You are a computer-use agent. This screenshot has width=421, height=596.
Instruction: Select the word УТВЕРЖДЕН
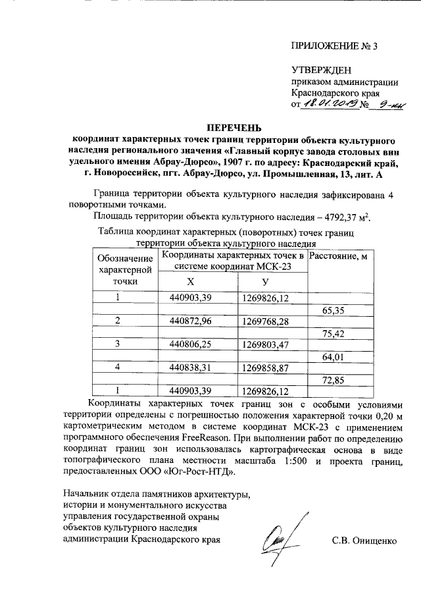(322, 70)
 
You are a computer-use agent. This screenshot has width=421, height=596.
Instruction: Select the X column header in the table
(190, 281)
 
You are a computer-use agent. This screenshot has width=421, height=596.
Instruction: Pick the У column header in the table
(265, 281)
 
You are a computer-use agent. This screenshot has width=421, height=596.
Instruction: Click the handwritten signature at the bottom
(284, 533)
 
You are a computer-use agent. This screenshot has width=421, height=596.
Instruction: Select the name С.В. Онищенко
(364, 541)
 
